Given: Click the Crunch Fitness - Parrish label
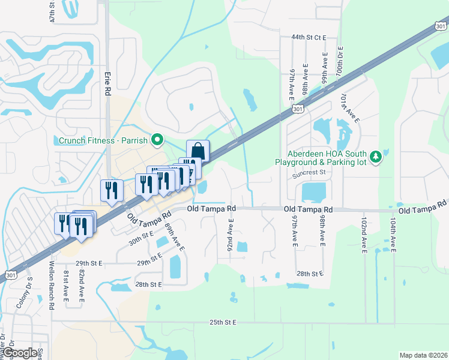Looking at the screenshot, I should pos(104,141).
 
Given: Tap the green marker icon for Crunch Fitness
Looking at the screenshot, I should pos(158,141).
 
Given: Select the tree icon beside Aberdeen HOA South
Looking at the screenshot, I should pos(376,157).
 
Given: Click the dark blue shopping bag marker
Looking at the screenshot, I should pos(197,151).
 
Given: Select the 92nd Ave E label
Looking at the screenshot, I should pos(230,235).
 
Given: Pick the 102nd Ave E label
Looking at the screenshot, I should pos(364,236).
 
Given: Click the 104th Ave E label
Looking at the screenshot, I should pos(393,236).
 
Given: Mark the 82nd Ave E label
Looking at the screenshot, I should pos(82,287).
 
